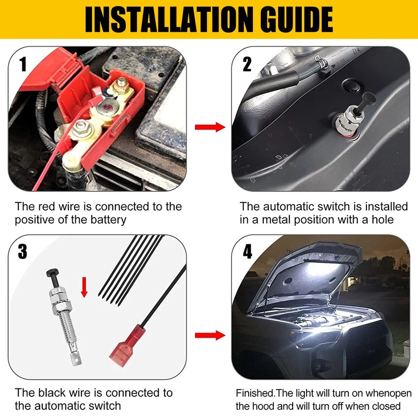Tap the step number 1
pyautogui.click(x=23, y=64)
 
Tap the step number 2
pyautogui.click(x=247, y=64)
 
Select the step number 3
pyautogui.click(x=23, y=251)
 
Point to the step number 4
pyautogui.click(x=247, y=251)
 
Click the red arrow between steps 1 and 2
pyautogui.click(x=209, y=127)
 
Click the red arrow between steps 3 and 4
pyautogui.click(x=209, y=335)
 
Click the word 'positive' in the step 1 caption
pyautogui.click(x=35, y=219)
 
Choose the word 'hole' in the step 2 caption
pyautogui.click(x=381, y=219)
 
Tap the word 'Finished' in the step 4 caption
pyautogui.click(x=255, y=393)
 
